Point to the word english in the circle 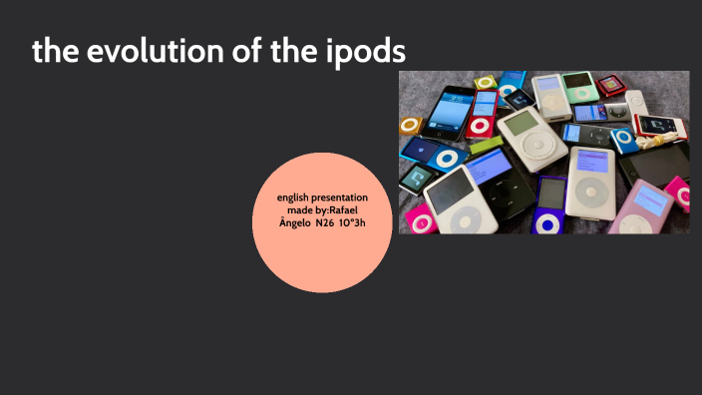(x=299, y=197)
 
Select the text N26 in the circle (x=326, y=222)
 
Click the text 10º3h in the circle (x=352, y=222)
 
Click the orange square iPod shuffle (x=411, y=125)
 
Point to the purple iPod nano (x=549, y=204)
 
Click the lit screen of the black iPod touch (x=448, y=113)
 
